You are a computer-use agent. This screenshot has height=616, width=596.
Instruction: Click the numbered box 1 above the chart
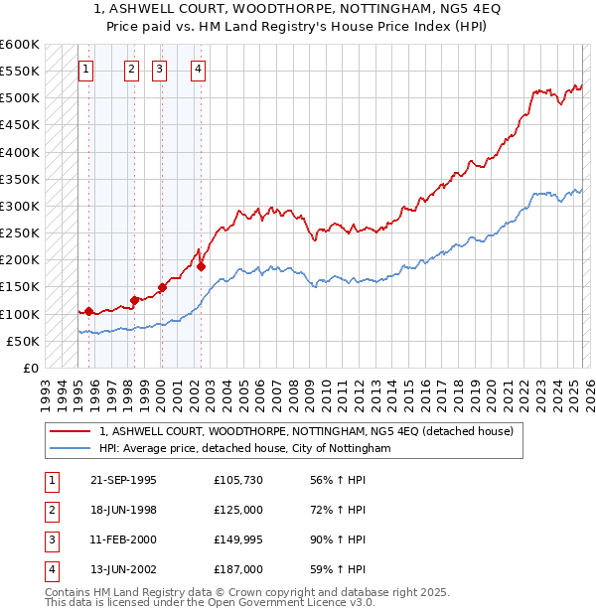coord(85,70)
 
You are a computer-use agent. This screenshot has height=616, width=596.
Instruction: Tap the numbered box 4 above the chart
coord(199,70)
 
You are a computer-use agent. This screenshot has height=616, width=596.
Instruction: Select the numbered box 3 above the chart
coord(159,70)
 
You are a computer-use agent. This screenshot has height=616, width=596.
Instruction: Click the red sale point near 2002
coord(201,266)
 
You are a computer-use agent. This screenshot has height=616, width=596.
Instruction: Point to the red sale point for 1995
coord(89,311)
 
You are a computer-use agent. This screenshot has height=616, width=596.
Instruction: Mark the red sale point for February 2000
coord(162,287)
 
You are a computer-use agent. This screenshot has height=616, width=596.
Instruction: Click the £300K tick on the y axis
coord(19,206)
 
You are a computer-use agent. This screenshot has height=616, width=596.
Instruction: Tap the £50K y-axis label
coord(23,341)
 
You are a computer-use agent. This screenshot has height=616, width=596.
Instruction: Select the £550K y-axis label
coord(19,72)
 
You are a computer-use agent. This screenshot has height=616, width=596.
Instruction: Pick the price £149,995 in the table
coord(238,539)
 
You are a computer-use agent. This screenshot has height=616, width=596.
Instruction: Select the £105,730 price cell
coord(238,480)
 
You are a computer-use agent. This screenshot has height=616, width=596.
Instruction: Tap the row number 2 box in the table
coord(50,510)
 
